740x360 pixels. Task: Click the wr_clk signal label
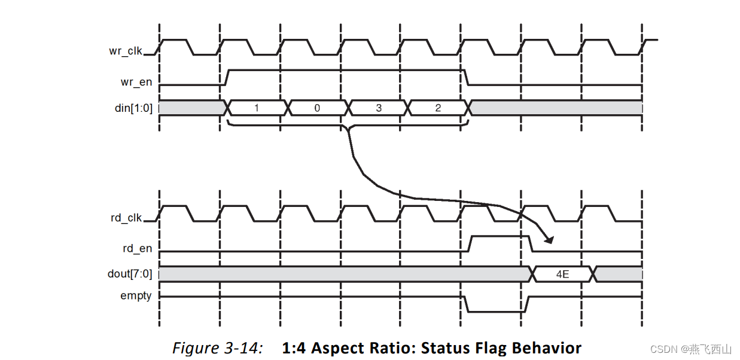pyautogui.click(x=126, y=51)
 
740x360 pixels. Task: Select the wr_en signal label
pyautogui.click(x=136, y=82)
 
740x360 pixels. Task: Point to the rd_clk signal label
pyautogui.click(x=126, y=218)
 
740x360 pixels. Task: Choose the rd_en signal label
pyautogui.click(x=136, y=248)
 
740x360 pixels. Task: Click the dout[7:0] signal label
pyautogui.click(x=130, y=274)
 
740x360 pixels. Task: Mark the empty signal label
pyautogui.click(x=136, y=295)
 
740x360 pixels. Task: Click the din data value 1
pyautogui.click(x=257, y=108)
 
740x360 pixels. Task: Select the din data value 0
pyautogui.click(x=317, y=108)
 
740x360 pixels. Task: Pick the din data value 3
pyautogui.click(x=378, y=108)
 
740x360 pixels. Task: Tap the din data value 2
pyautogui.click(x=438, y=108)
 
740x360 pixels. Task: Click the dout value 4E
pyautogui.click(x=562, y=274)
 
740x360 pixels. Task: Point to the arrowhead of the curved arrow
pyautogui.click(x=549, y=240)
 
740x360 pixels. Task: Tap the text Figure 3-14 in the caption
pyautogui.click(x=217, y=348)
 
